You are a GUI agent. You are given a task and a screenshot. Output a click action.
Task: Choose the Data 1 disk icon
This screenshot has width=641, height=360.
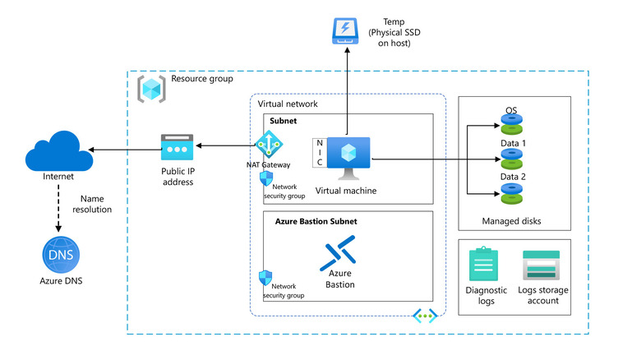pyautogui.click(x=511, y=159)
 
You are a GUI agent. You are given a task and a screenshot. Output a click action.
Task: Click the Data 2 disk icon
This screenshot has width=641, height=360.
pyautogui.click(x=511, y=193)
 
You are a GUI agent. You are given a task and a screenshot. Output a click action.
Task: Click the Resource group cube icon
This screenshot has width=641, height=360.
pyautogui.click(x=151, y=87)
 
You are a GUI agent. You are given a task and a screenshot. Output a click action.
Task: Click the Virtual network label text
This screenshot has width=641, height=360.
pyautogui.click(x=288, y=104)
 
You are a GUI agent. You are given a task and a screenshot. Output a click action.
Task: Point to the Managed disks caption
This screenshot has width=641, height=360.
pyautogui.click(x=512, y=221)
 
